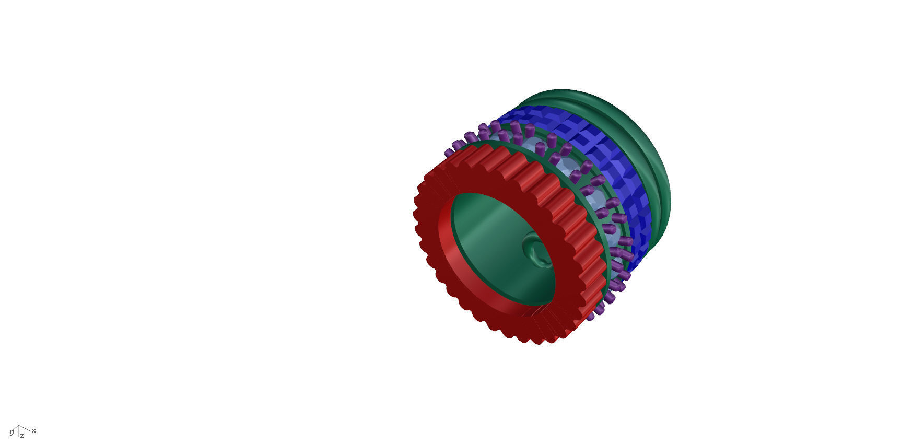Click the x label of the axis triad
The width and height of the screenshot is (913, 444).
click(x=34, y=430)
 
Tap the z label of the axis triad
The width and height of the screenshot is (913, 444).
click(x=22, y=436)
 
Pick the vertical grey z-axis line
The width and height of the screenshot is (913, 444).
click(x=19, y=432)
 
